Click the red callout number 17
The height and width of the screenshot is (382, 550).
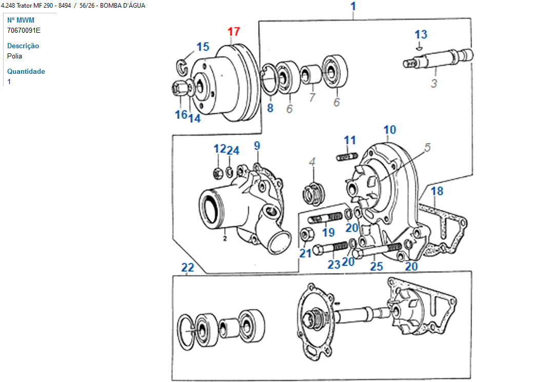(234, 31)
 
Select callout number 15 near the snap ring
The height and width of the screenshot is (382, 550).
(203, 47)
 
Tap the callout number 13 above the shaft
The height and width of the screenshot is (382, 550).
(421, 34)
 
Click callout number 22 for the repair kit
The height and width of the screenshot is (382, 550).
(188, 267)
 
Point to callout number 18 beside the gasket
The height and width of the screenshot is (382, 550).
(437, 192)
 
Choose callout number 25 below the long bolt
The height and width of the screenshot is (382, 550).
(377, 266)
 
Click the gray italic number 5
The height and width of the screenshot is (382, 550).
(427, 148)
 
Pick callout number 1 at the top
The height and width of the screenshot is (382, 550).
(353, 7)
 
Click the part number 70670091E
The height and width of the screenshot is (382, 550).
(24, 30)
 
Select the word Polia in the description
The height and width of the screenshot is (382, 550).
(15, 56)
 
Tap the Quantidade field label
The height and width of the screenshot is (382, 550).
(26, 71)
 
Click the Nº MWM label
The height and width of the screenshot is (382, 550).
(21, 20)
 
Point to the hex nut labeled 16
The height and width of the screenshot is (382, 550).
(179, 89)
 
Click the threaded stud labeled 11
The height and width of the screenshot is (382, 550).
(347, 155)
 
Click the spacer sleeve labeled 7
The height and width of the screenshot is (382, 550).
(309, 74)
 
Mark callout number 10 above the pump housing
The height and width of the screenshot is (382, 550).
(389, 129)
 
